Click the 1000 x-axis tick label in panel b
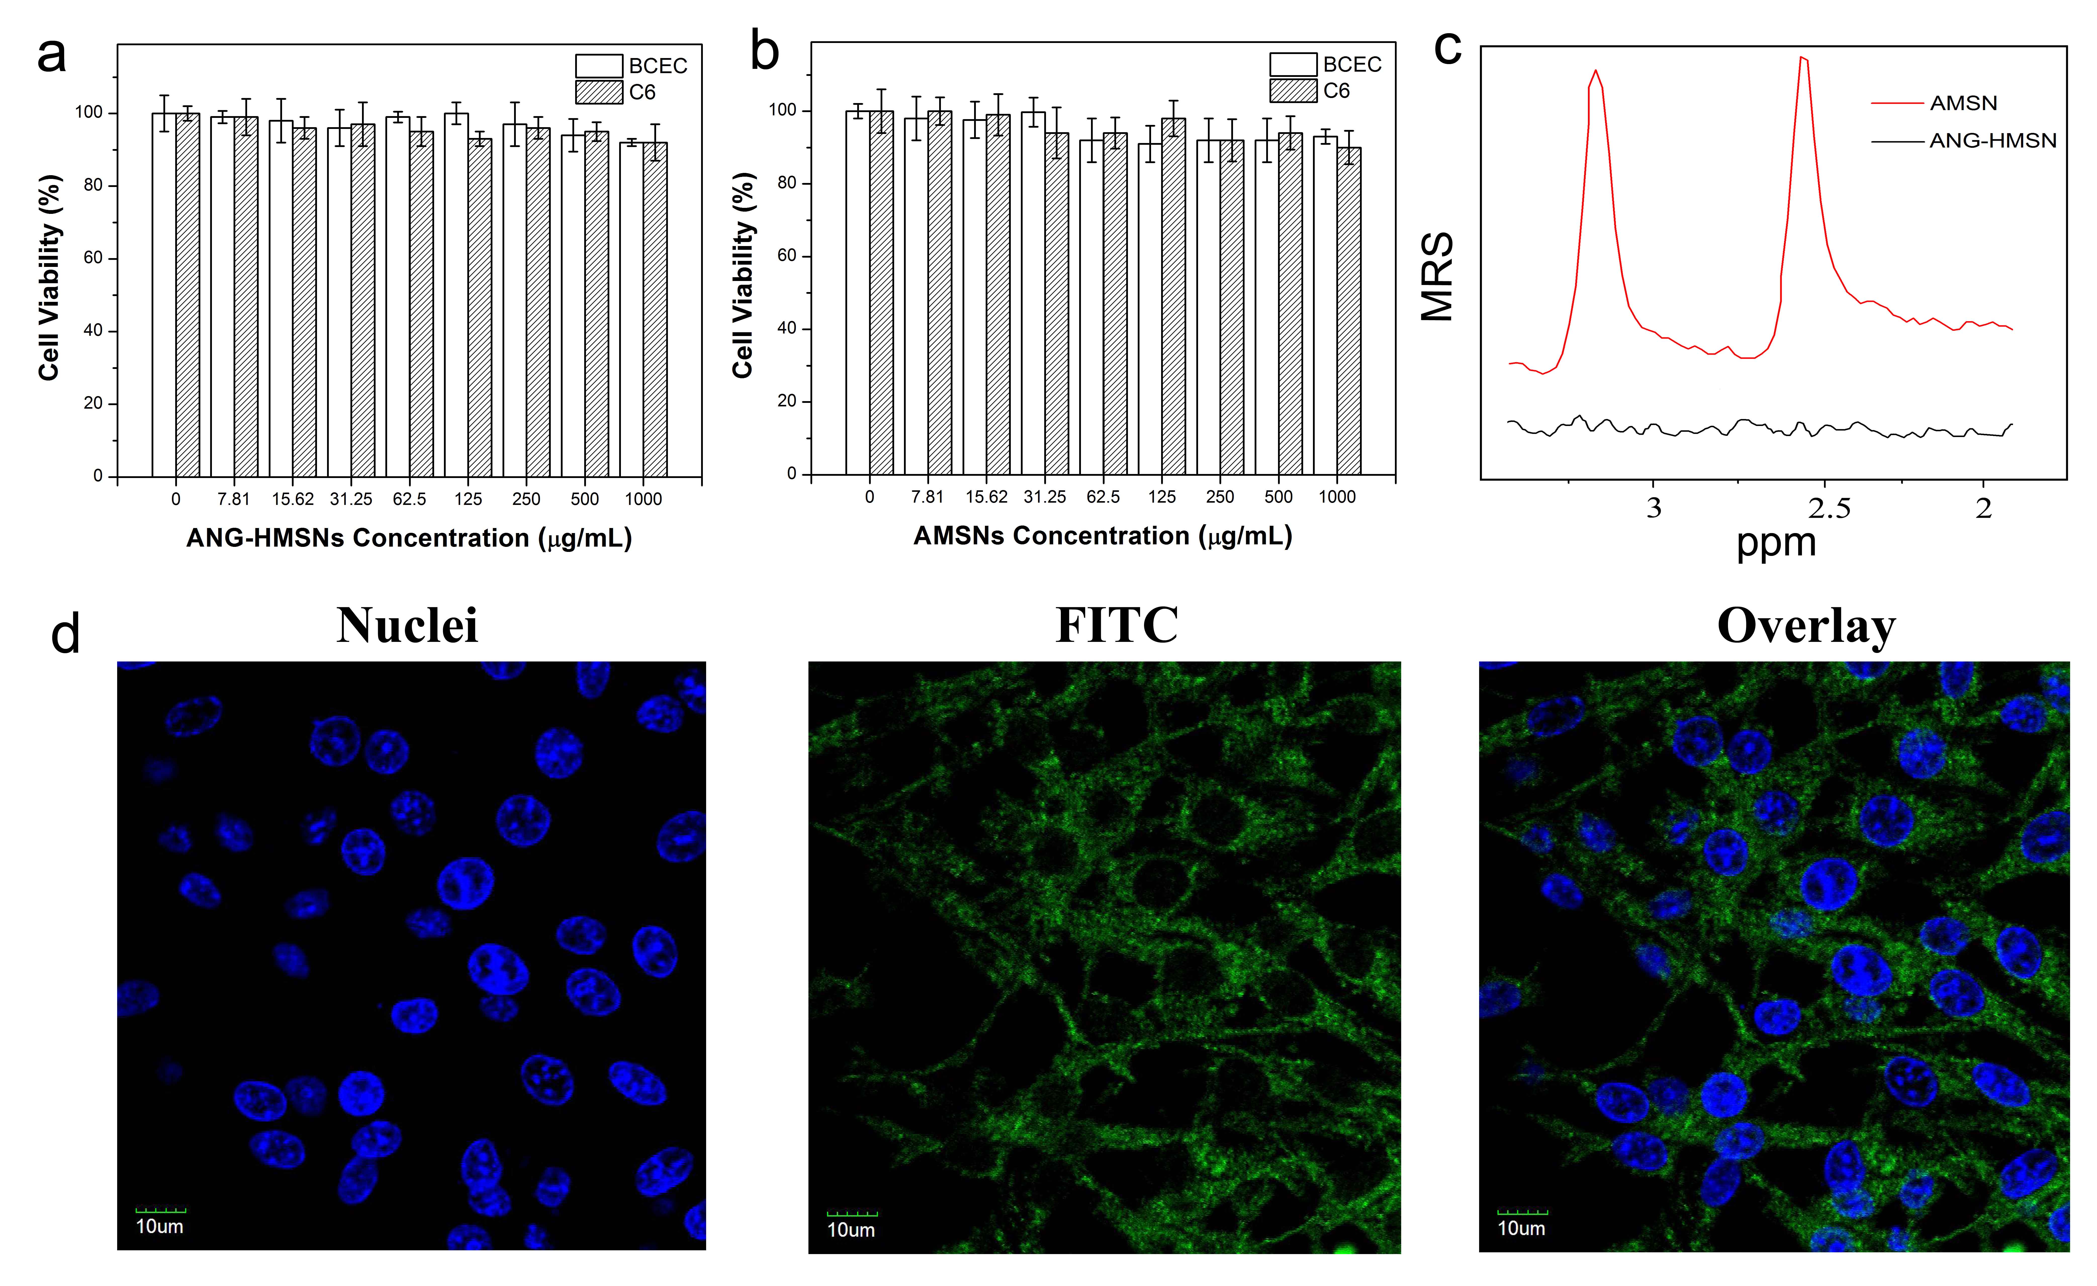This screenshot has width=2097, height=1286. coord(1337,497)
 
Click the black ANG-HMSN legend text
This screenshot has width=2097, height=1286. coord(1992,140)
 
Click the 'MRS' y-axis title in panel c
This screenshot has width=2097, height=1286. coord(1437,277)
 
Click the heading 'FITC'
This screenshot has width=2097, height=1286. coord(1117,626)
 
